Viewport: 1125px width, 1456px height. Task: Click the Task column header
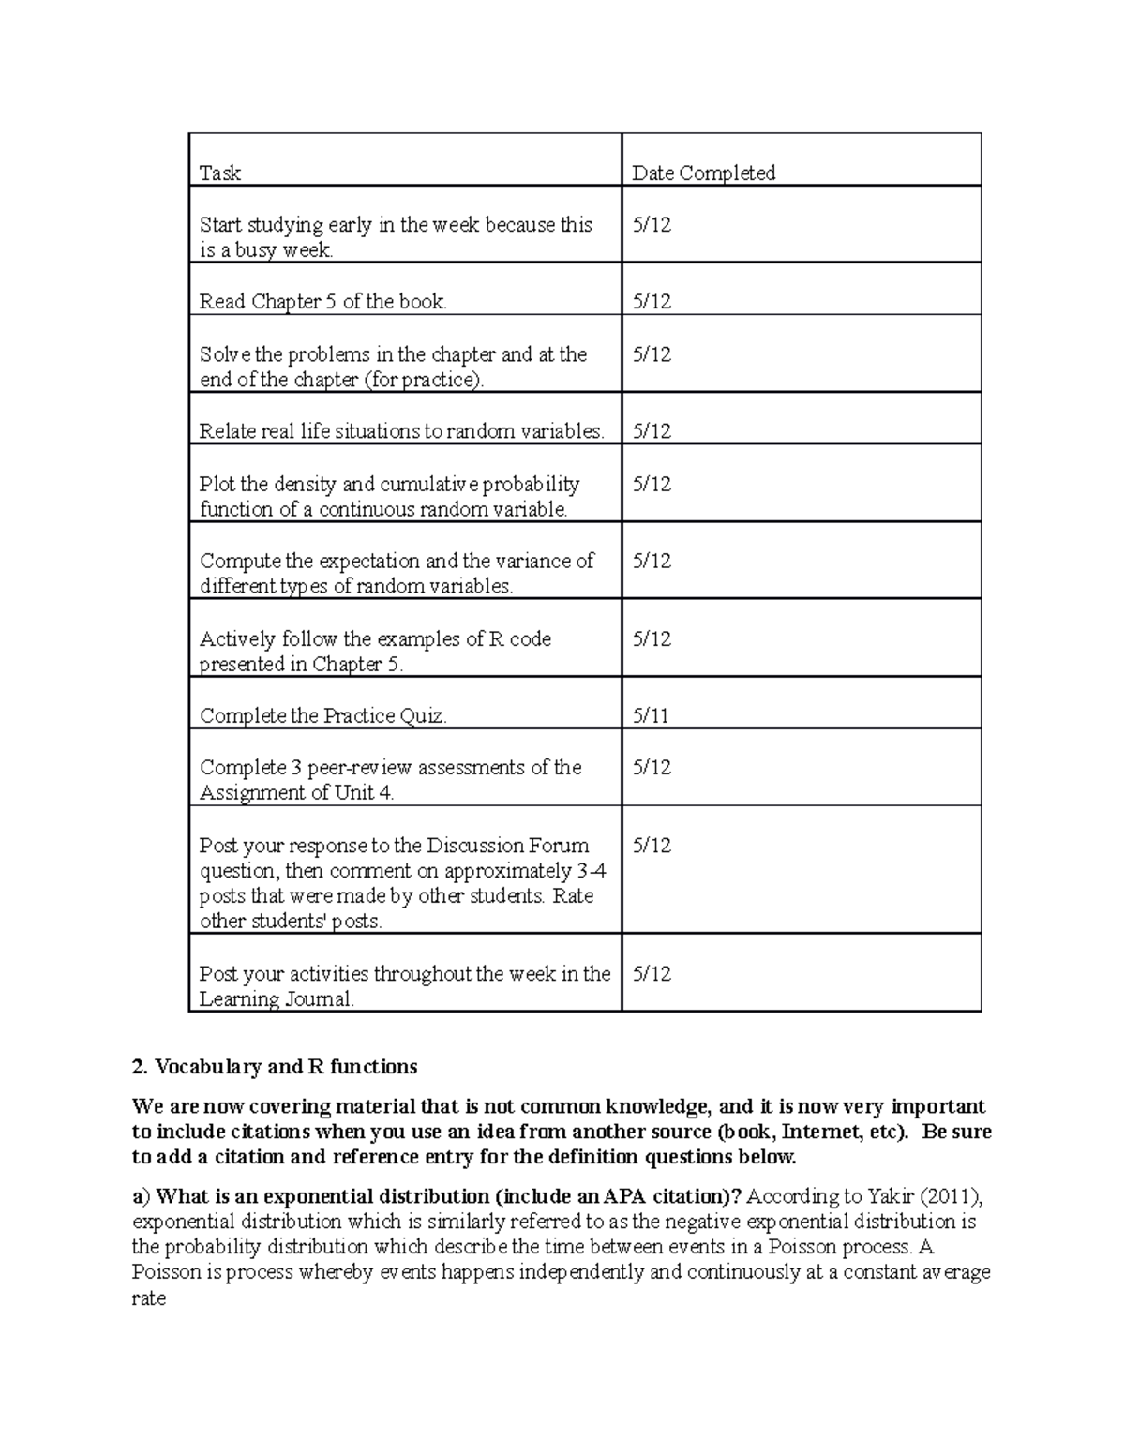tap(219, 173)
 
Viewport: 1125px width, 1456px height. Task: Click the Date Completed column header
tap(703, 173)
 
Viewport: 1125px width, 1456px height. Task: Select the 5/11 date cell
tap(651, 716)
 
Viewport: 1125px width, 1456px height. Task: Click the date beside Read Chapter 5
tap(652, 302)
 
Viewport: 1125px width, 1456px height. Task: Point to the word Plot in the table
tap(217, 485)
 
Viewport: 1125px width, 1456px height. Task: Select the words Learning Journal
tap(277, 999)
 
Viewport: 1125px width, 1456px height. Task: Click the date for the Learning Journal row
tap(652, 974)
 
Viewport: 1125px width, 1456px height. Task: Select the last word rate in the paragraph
tap(149, 1299)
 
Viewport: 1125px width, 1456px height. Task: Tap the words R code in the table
tap(520, 639)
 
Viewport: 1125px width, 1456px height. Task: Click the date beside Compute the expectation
tap(652, 562)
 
